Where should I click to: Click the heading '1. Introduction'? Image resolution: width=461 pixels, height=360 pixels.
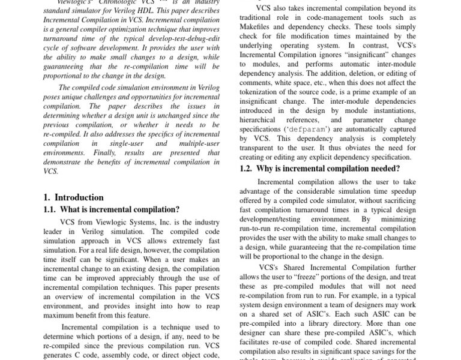click(73, 197)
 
